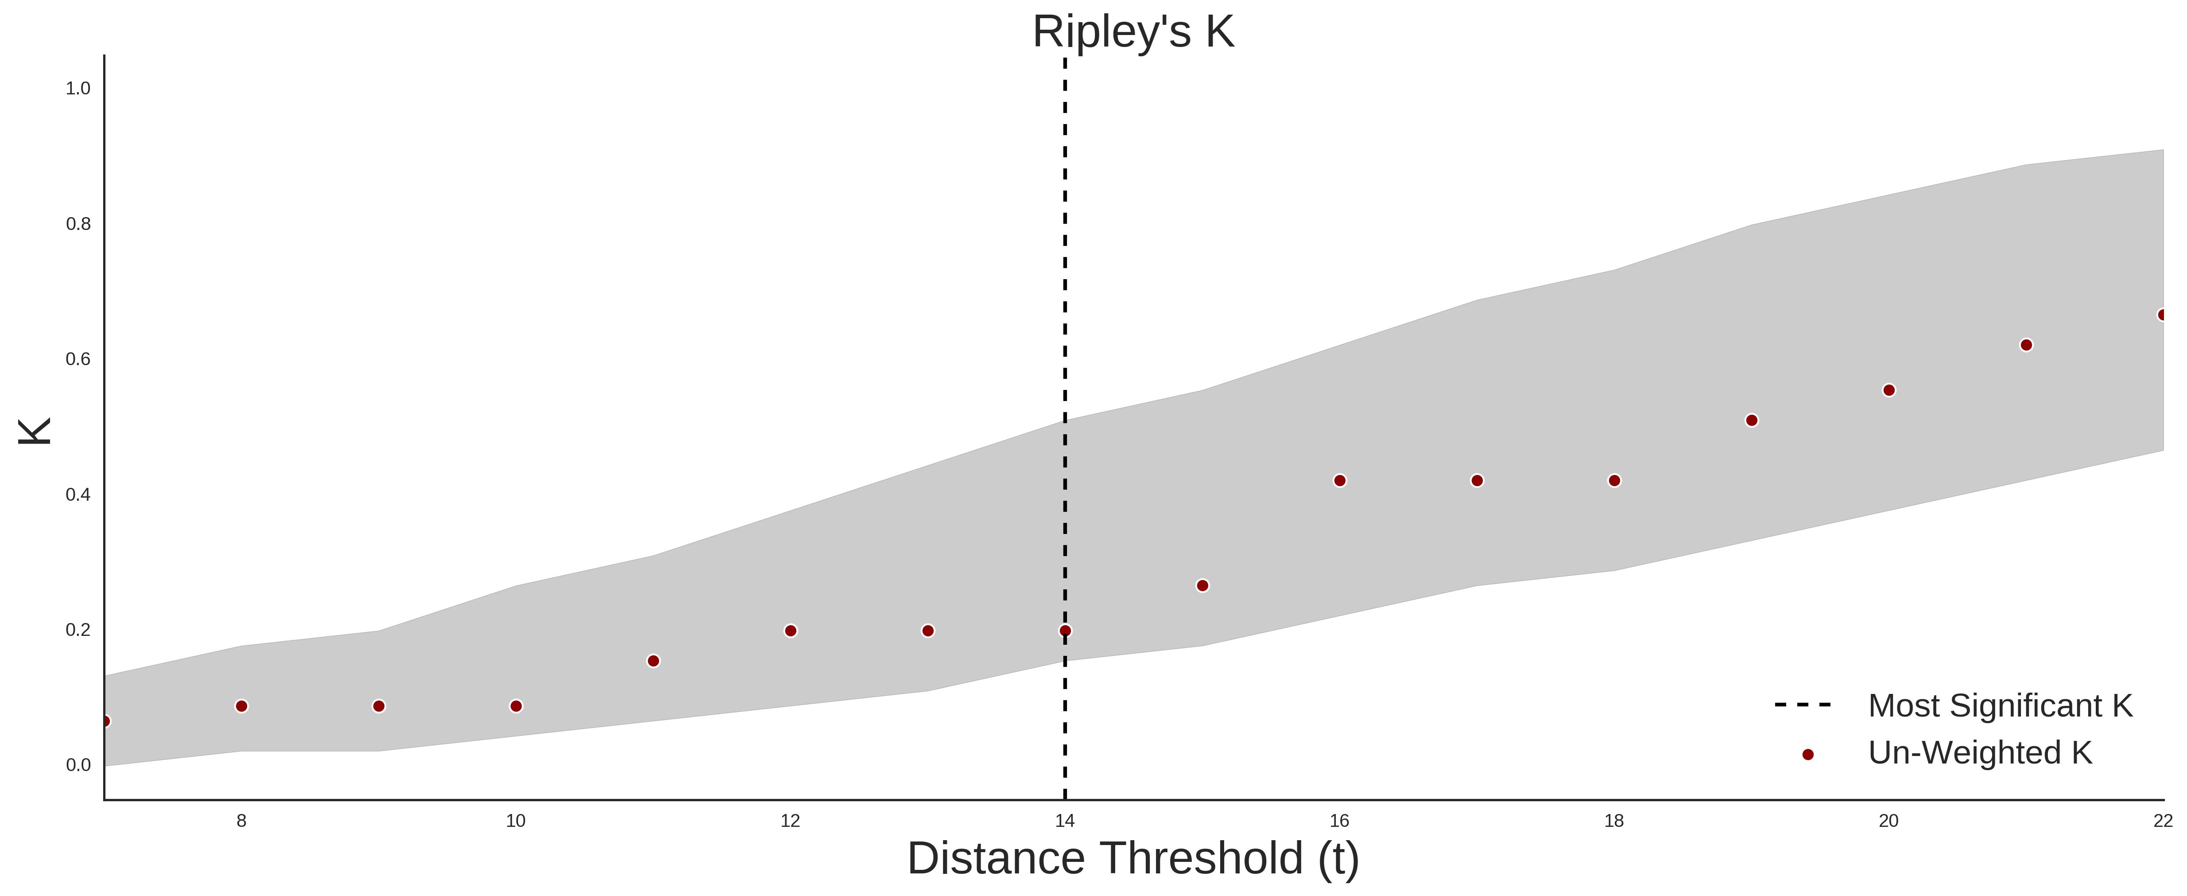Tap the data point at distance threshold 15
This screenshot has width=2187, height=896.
(x=1202, y=586)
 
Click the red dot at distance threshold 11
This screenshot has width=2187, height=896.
(x=653, y=661)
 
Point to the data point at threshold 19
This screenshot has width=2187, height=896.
(x=1752, y=421)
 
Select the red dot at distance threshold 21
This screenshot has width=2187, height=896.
(x=2027, y=345)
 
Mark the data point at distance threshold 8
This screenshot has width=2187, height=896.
(x=241, y=706)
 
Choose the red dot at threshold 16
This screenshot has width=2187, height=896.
(x=1340, y=481)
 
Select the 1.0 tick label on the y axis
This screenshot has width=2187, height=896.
(x=78, y=88)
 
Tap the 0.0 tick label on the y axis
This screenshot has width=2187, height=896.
(x=78, y=765)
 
